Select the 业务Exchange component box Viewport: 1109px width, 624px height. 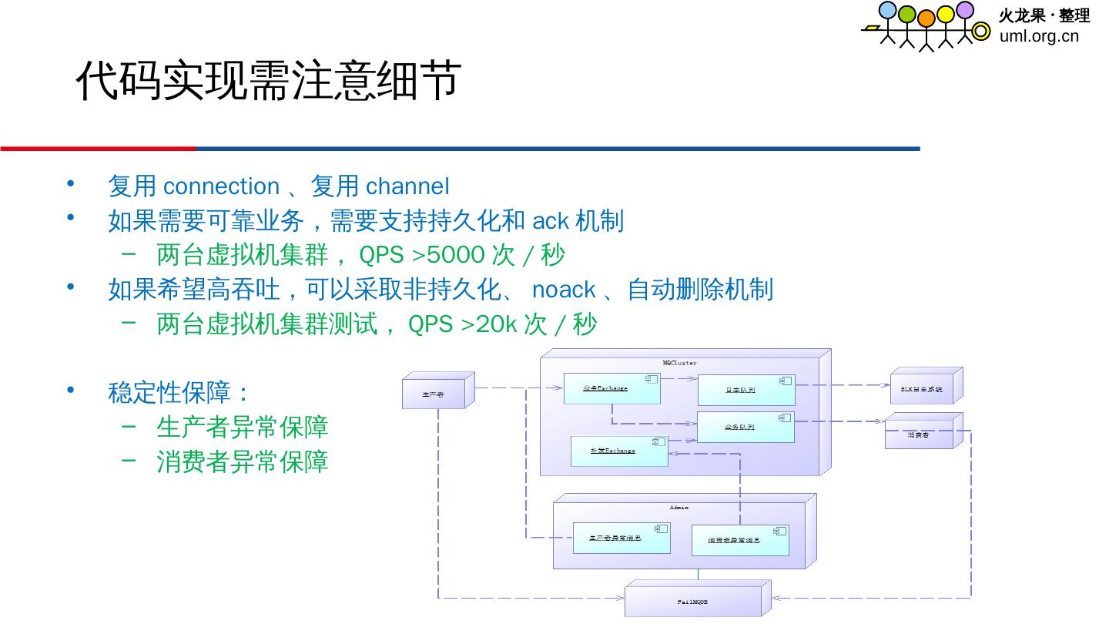coord(611,388)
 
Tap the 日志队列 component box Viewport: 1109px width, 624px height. coord(745,390)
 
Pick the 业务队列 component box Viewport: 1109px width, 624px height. coord(745,428)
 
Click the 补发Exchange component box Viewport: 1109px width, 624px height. coord(618,451)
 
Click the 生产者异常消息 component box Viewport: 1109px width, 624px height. coord(621,538)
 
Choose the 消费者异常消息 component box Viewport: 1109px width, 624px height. coord(739,540)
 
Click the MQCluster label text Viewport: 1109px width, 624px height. coord(679,362)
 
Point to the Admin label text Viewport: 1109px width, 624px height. coord(678,508)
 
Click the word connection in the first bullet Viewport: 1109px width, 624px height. coord(221,186)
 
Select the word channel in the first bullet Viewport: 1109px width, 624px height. coord(407,186)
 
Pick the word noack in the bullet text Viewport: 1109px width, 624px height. coord(564,290)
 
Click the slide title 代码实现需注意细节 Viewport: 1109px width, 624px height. coord(268,81)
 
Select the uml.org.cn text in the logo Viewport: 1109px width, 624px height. coord(1039,35)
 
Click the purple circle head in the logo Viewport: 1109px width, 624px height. coord(964,11)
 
